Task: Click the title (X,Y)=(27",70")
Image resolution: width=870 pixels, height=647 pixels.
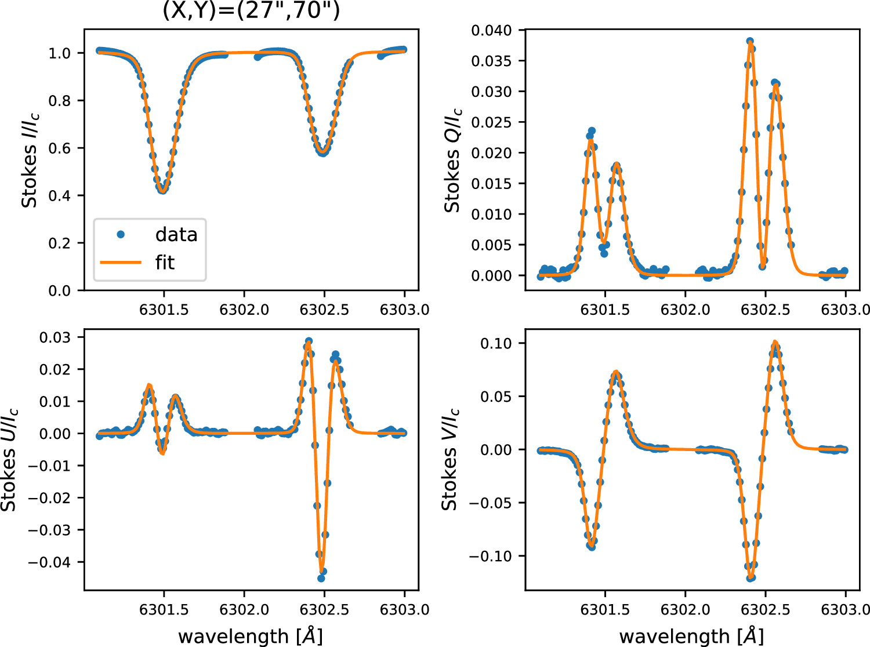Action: pyautogui.click(x=251, y=10)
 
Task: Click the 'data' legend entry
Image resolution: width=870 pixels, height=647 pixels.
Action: pyautogui.click(x=176, y=235)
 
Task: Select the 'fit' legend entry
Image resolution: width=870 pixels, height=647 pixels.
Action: pyautogui.click(x=165, y=263)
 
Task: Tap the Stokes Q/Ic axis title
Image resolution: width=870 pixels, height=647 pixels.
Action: pyautogui.click(x=452, y=159)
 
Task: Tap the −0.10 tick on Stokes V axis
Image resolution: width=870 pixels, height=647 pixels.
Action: pyautogui.click(x=491, y=556)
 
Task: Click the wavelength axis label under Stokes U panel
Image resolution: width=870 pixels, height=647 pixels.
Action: pyautogui.click(x=251, y=636)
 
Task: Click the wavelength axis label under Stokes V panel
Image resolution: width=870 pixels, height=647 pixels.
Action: pyautogui.click(x=691, y=636)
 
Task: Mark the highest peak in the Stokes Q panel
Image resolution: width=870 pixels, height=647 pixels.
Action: pyautogui.click(x=750, y=42)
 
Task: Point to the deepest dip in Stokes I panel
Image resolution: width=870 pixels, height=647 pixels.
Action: pyautogui.click(x=163, y=190)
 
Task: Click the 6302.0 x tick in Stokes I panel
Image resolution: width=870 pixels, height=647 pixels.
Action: pyautogui.click(x=244, y=310)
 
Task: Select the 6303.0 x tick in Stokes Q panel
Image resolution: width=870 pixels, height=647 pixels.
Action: pyautogui.click(x=846, y=310)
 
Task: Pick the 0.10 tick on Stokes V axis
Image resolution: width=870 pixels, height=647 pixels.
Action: pyautogui.click(x=496, y=343)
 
